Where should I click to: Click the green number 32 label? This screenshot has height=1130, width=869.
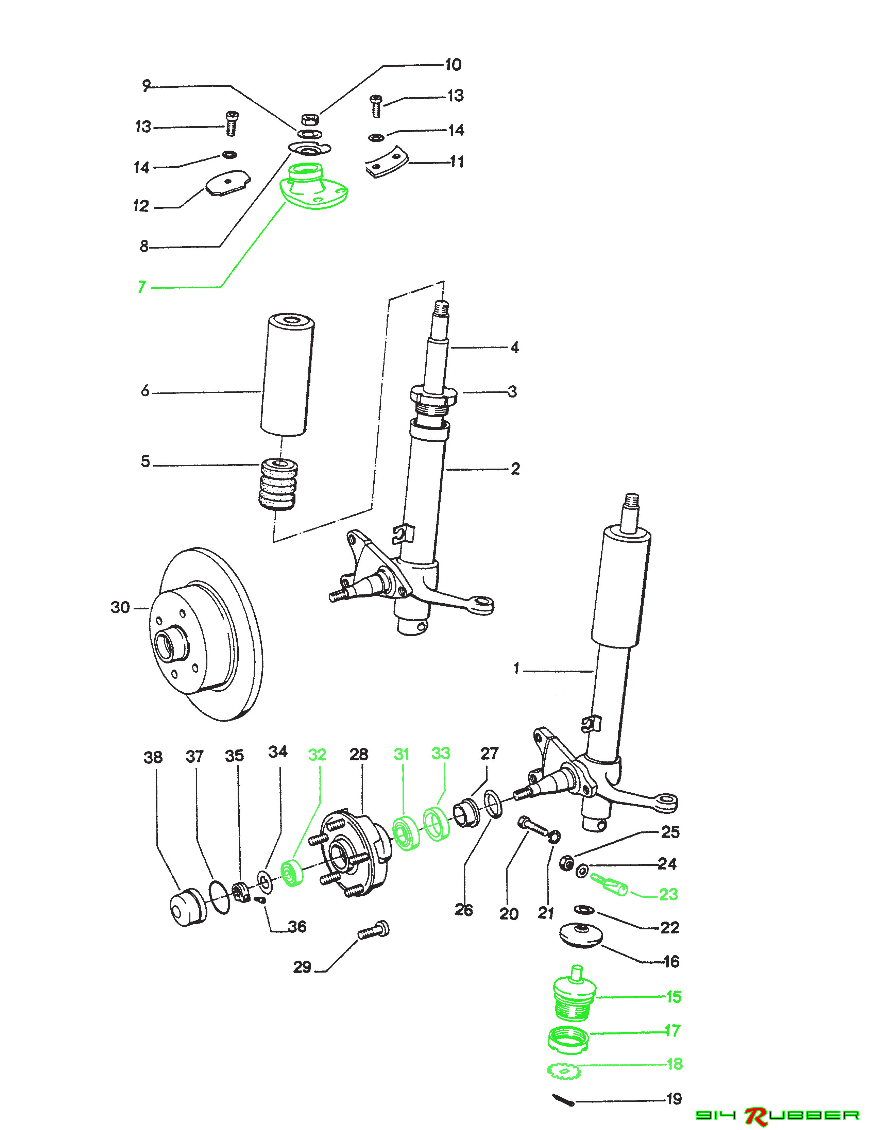point(317,755)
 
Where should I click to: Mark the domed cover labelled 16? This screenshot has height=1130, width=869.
point(582,935)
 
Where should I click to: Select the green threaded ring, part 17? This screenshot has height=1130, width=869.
point(568,1040)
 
